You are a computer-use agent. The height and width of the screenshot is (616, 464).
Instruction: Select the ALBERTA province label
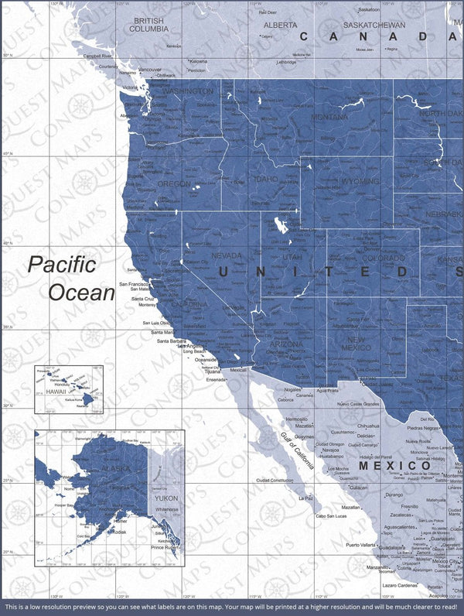click(x=280, y=25)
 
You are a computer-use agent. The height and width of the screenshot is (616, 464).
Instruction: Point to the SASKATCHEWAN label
click(x=375, y=25)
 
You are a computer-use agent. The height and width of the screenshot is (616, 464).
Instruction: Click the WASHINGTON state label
click(x=186, y=91)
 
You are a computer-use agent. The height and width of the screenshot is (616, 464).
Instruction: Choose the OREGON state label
click(x=173, y=184)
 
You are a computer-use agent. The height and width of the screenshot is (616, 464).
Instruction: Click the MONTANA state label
click(x=329, y=117)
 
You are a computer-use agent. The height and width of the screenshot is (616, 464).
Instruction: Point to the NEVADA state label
click(x=227, y=255)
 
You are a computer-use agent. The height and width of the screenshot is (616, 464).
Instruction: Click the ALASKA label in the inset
click(x=100, y=469)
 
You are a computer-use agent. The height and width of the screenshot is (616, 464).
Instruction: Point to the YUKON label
click(x=166, y=499)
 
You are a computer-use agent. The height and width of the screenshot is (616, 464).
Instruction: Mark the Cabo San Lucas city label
click(x=331, y=516)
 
